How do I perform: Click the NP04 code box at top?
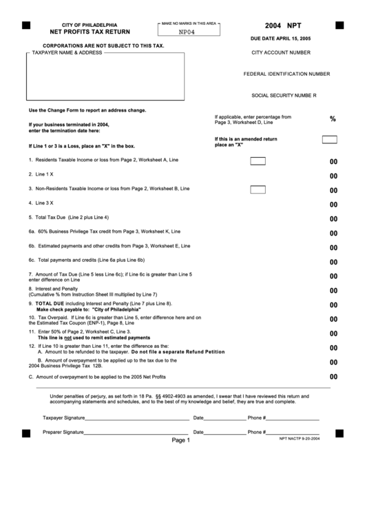tap(189, 31)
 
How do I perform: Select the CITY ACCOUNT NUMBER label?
tap(281, 52)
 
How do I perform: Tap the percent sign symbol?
tap(333, 119)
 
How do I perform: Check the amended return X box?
tap(330, 139)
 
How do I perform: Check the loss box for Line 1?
tap(258, 161)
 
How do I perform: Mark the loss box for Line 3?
tap(258, 189)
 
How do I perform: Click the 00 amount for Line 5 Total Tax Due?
tap(333, 219)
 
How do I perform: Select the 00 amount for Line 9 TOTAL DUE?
tap(333, 305)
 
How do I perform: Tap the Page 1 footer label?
tap(180, 440)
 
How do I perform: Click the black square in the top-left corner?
tap(26, 25)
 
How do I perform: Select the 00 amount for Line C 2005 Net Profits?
tap(333, 377)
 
